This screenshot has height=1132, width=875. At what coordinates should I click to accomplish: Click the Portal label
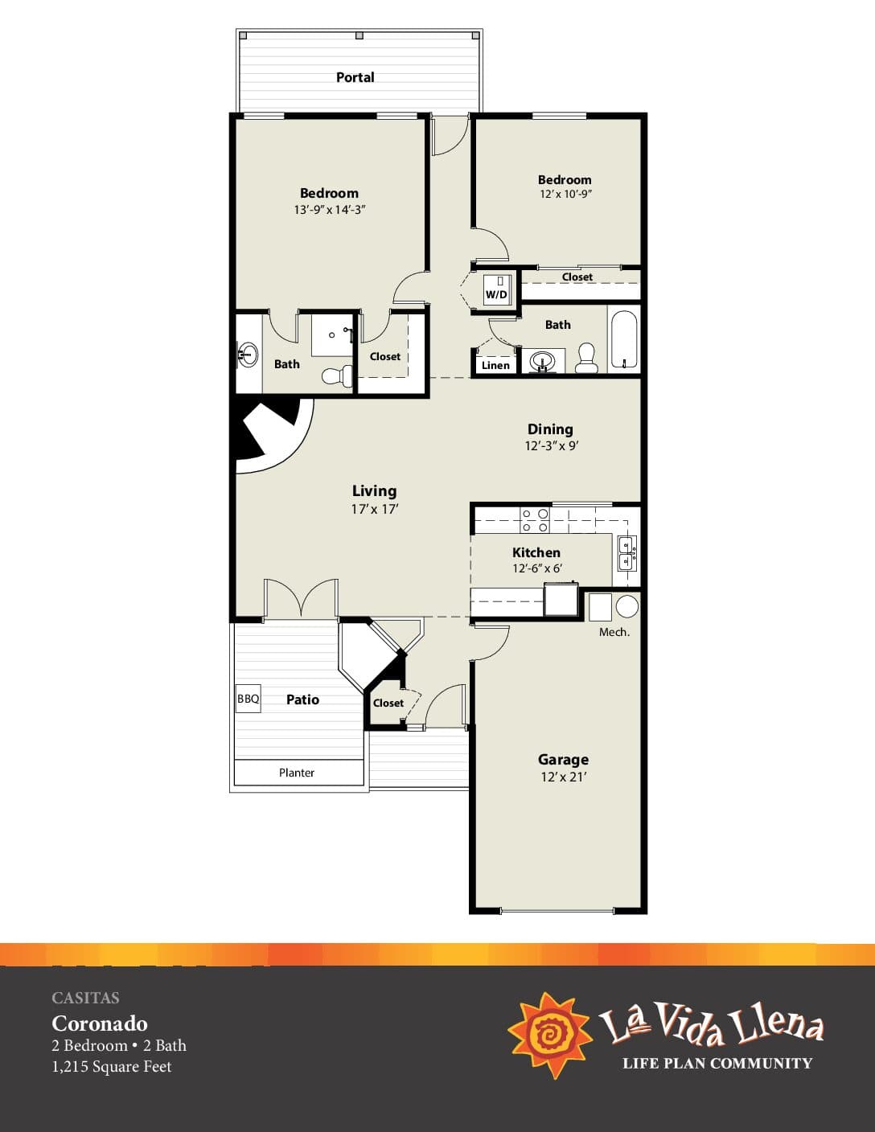coord(355,77)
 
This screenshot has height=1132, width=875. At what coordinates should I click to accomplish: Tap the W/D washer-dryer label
coord(496,294)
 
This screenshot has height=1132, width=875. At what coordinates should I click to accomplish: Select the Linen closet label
coord(495,365)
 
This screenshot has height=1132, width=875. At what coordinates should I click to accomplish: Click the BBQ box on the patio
coord(248,699)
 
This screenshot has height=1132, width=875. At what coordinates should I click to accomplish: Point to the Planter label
coord(297,773)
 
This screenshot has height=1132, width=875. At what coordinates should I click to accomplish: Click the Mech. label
coord(614,633)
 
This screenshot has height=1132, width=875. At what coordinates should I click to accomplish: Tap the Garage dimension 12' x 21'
coord(563,777)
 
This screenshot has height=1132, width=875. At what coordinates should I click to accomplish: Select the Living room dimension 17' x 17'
coord(375,509)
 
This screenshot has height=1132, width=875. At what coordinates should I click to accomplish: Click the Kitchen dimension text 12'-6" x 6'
coord(536,568)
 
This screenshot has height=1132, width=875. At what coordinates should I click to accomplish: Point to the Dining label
coord(550,429)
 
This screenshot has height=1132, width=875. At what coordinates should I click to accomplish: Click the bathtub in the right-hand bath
coord(623,339)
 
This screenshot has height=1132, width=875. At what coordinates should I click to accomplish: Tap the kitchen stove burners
coord(536,520)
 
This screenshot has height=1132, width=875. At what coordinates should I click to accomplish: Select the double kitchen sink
coord(626,553)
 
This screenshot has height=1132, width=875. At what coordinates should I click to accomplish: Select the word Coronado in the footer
coord(100,1023)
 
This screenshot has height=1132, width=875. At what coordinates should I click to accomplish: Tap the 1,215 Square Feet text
coord(112,1066)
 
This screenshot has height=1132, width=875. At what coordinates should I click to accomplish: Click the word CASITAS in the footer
coord(85,998)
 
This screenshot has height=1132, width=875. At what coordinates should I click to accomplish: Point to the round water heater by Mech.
coord(627,606)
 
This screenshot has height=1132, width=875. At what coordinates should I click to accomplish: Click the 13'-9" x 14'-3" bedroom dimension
coord(330,210)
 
